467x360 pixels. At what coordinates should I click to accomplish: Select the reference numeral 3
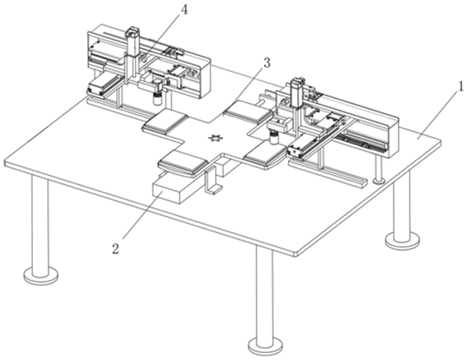pos(266,63)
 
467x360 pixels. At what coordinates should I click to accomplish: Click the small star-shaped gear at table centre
pos(215,138)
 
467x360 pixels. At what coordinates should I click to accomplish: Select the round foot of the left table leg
pos(41,276)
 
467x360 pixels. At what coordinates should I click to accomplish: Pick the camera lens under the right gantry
pos(273,138)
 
